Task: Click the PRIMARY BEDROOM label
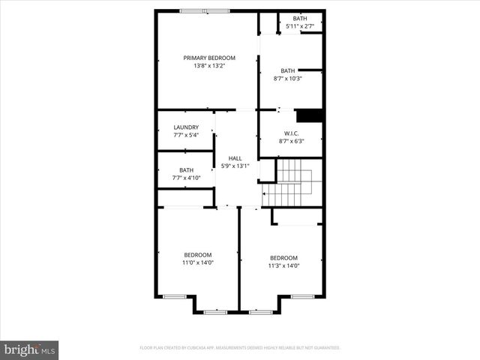[209, 58]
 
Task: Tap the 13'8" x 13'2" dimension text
[209, 66]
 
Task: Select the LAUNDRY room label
[186, 127]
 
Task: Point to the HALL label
[235, 158]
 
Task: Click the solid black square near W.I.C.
[309, 115]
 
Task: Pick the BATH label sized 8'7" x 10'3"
[288, 70]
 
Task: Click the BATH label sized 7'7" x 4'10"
[186, 170]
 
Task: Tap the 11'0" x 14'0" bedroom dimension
[198, 263]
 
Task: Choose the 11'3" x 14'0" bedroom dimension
[284, 265]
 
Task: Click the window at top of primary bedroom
[205, 10]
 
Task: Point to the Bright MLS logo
[30, 349]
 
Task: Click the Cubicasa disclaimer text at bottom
[240, 348]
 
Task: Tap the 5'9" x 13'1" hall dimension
[235, 166]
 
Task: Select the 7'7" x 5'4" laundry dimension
[186, 136]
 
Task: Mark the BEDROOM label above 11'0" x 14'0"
[198, 255]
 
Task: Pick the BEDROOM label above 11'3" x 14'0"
[284, 257]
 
